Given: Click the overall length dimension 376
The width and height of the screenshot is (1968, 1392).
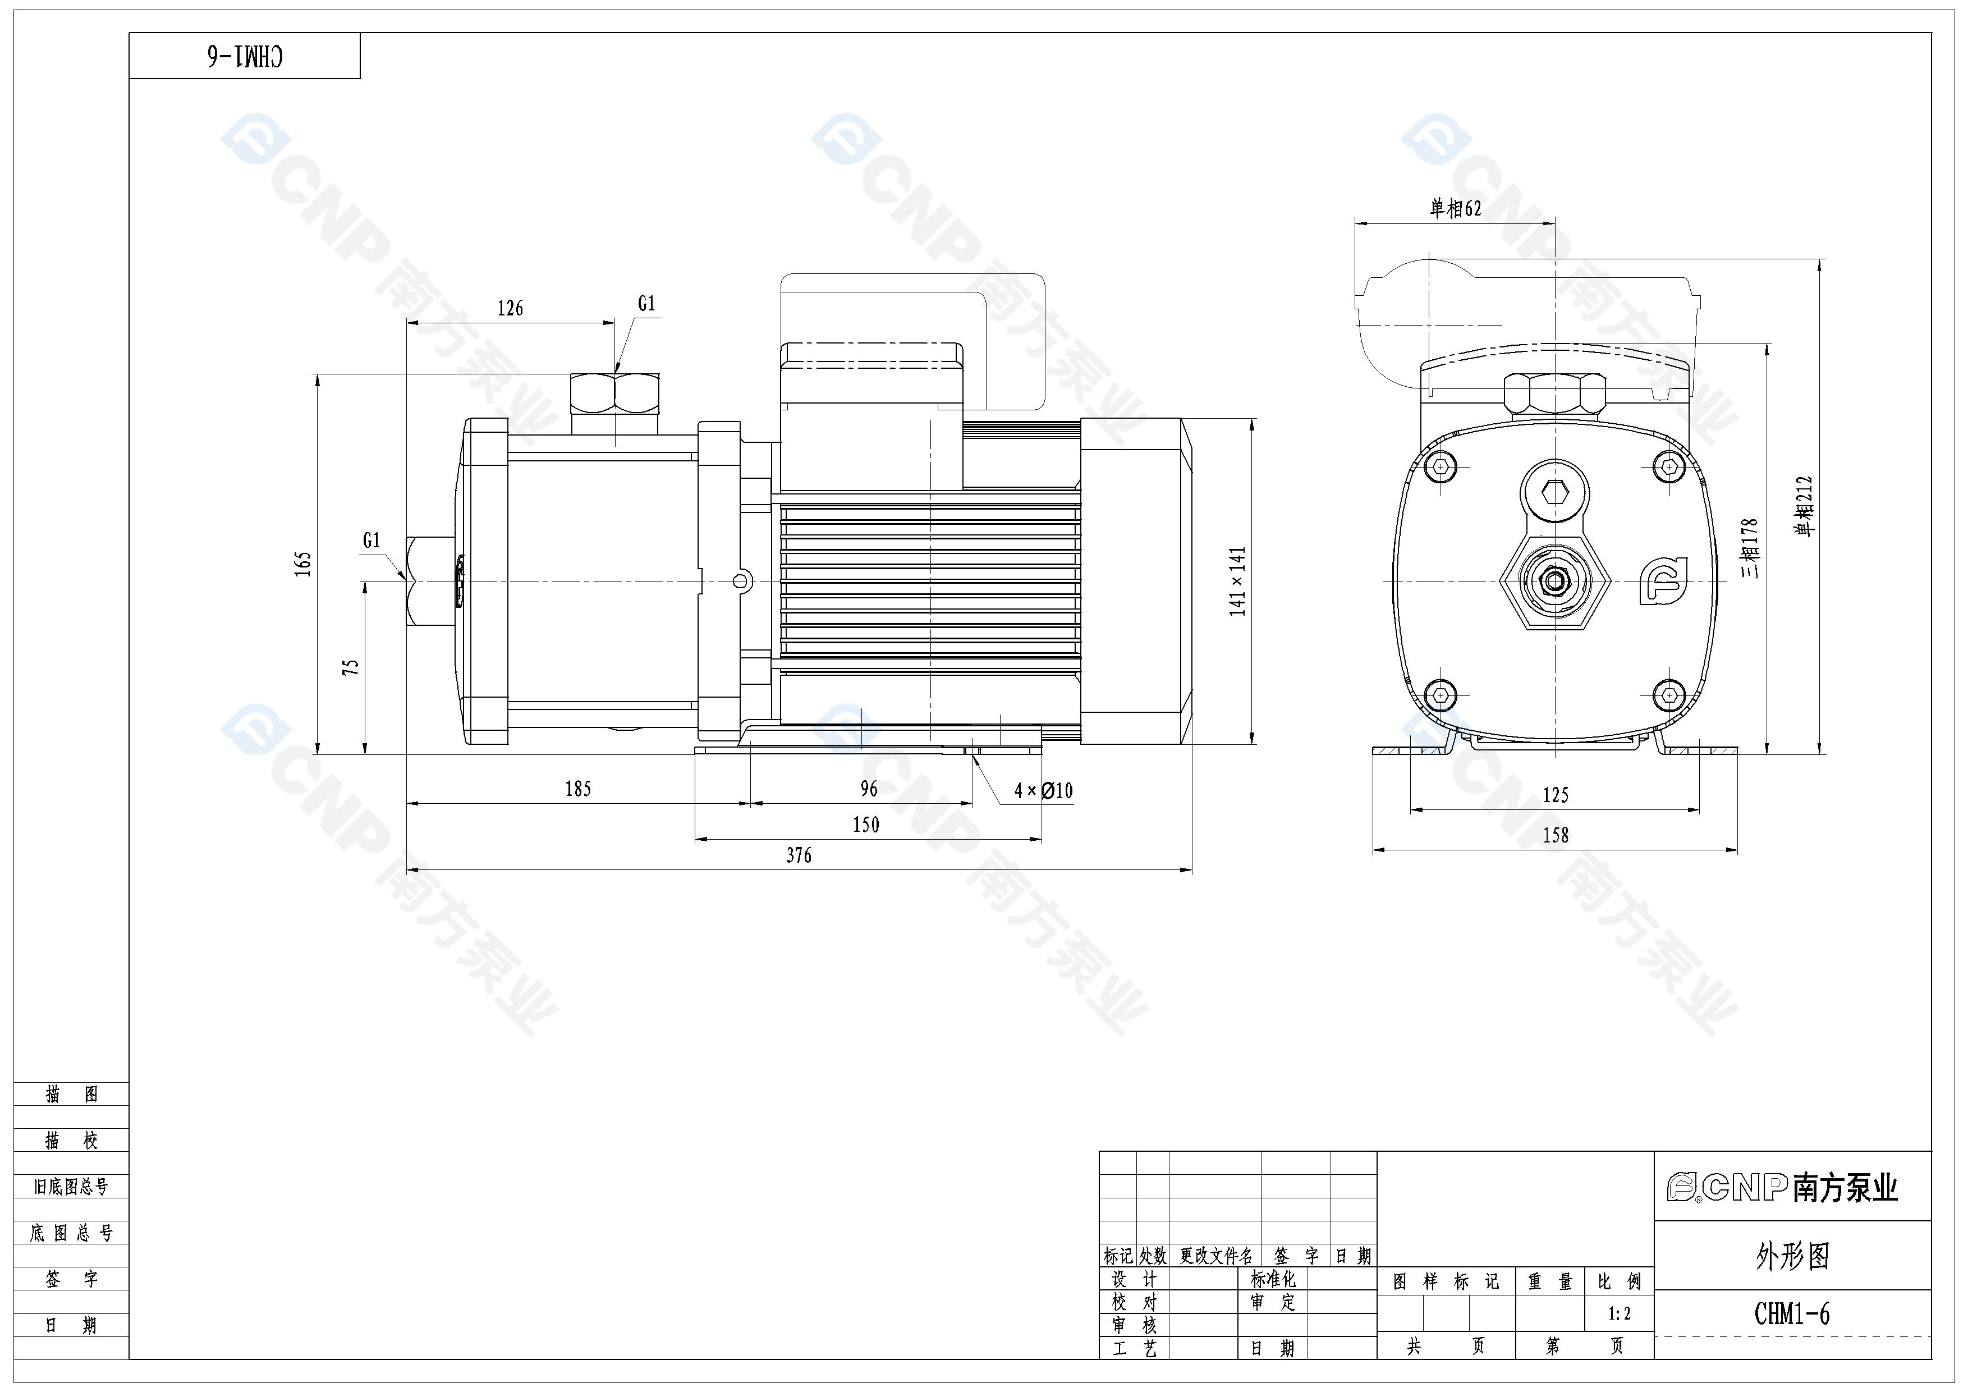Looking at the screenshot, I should coord(799,855).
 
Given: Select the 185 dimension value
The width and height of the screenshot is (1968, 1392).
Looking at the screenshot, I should coord(577,789).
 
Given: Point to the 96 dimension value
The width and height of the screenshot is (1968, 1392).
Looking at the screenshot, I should coord(868,789).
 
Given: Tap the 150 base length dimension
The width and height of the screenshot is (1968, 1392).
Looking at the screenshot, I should coord(866,825).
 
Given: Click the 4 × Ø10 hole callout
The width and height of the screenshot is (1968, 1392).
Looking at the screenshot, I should coord(1043,790).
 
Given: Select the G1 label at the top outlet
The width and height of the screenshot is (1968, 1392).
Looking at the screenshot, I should coord(646,304).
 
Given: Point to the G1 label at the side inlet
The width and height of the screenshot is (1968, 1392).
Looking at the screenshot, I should coord(371,540).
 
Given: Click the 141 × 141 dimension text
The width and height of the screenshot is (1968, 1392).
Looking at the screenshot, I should coord(1237,581).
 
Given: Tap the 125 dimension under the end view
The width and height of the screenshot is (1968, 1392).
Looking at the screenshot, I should coord(1555,795).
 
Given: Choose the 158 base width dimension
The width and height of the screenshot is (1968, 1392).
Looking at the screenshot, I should coord(1555,835).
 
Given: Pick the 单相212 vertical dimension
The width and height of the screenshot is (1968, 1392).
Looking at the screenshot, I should coord(1804,506).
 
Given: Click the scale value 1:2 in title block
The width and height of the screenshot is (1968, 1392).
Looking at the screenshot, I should coord(1618,1313).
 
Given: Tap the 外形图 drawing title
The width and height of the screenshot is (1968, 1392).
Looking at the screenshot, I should coord(1791,1257).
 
